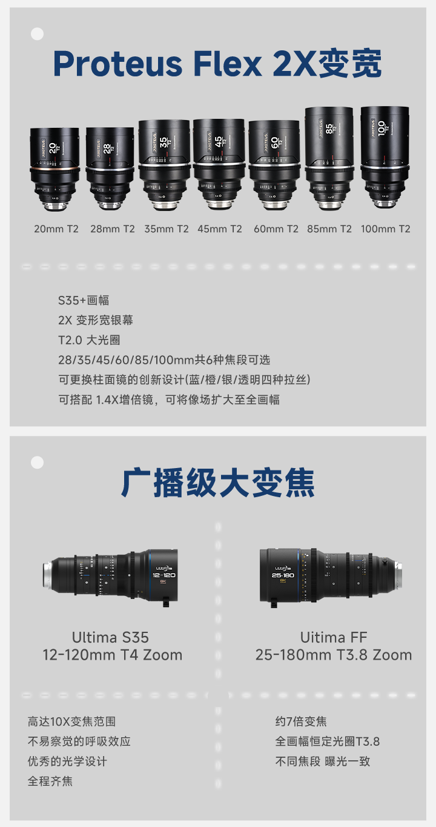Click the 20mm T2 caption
(56, 229)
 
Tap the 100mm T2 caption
(385, 229)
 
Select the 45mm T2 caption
(219, 229)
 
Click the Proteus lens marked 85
(329, 159)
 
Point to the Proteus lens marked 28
(110, 169)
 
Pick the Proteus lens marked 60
(274, 165)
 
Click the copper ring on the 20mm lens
(55, 169)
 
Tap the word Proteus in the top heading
(117, 64)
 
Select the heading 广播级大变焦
(218, 483)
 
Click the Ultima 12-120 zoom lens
(110, 577)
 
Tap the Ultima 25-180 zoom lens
(331, 577)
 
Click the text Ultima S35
(110, 637)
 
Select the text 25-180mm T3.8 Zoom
(334, 655)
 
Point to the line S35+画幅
(84, 301)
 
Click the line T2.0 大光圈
(89, 340)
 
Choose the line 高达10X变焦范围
(71, 722)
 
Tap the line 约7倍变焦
(301, 722)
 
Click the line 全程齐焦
(50, 781)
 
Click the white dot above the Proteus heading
(37, 34)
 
